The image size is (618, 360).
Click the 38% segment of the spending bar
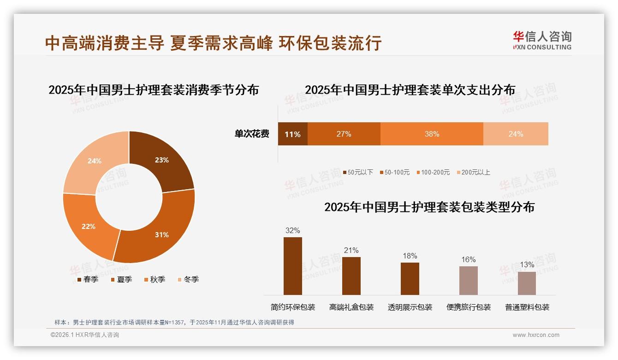tap(432, 134)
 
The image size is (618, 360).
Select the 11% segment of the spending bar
tap(292, 134)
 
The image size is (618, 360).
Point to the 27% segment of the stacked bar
tap(344, 134)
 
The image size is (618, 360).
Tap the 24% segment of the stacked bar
tap(516, 134)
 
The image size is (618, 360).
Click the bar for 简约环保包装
tap(292, 266)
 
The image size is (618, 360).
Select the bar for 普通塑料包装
tap(527, 283)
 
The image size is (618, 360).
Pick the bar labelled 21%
tap(351, 276)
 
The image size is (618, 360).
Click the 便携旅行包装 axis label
tap(468, 307)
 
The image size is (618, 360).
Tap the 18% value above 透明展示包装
tap(410, 256)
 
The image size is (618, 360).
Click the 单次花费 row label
tap(252, 134)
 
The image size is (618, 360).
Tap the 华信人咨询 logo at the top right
tap(542, 40)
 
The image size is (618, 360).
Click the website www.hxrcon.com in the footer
tap(535, 335)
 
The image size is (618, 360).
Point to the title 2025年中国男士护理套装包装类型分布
tap(429, 207)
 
